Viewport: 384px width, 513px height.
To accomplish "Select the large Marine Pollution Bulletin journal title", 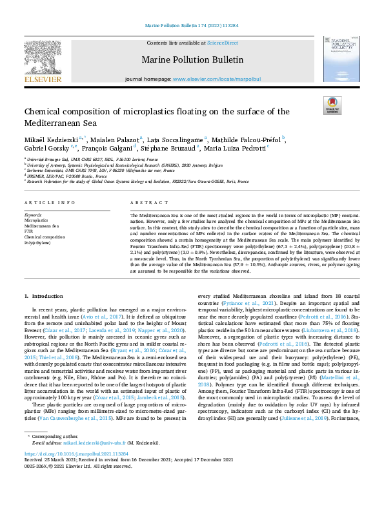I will (192, 60).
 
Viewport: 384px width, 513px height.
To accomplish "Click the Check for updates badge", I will (332, 105).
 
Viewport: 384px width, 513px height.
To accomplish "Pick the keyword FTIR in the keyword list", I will (28, 231).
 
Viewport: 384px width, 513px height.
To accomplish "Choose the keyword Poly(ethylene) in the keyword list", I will (37, 242).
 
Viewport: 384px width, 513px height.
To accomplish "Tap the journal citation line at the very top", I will (192, 26).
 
